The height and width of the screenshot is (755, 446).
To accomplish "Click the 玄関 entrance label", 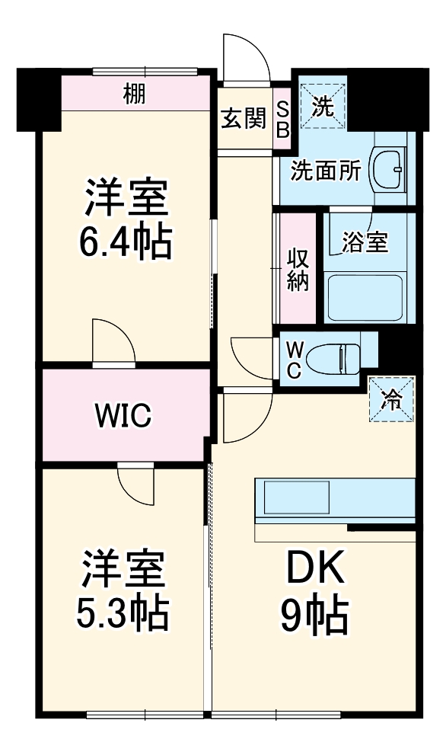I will (244, 118).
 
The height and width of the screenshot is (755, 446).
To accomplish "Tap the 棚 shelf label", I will (134, 94).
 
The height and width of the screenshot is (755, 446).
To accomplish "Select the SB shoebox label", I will (282, 119).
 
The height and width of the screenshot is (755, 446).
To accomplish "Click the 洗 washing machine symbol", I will (325, 107).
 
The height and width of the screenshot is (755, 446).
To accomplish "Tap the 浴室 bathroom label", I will (366, 243).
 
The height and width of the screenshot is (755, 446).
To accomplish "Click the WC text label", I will (295, 358).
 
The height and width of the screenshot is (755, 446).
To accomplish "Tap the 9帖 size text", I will (314, 616).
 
